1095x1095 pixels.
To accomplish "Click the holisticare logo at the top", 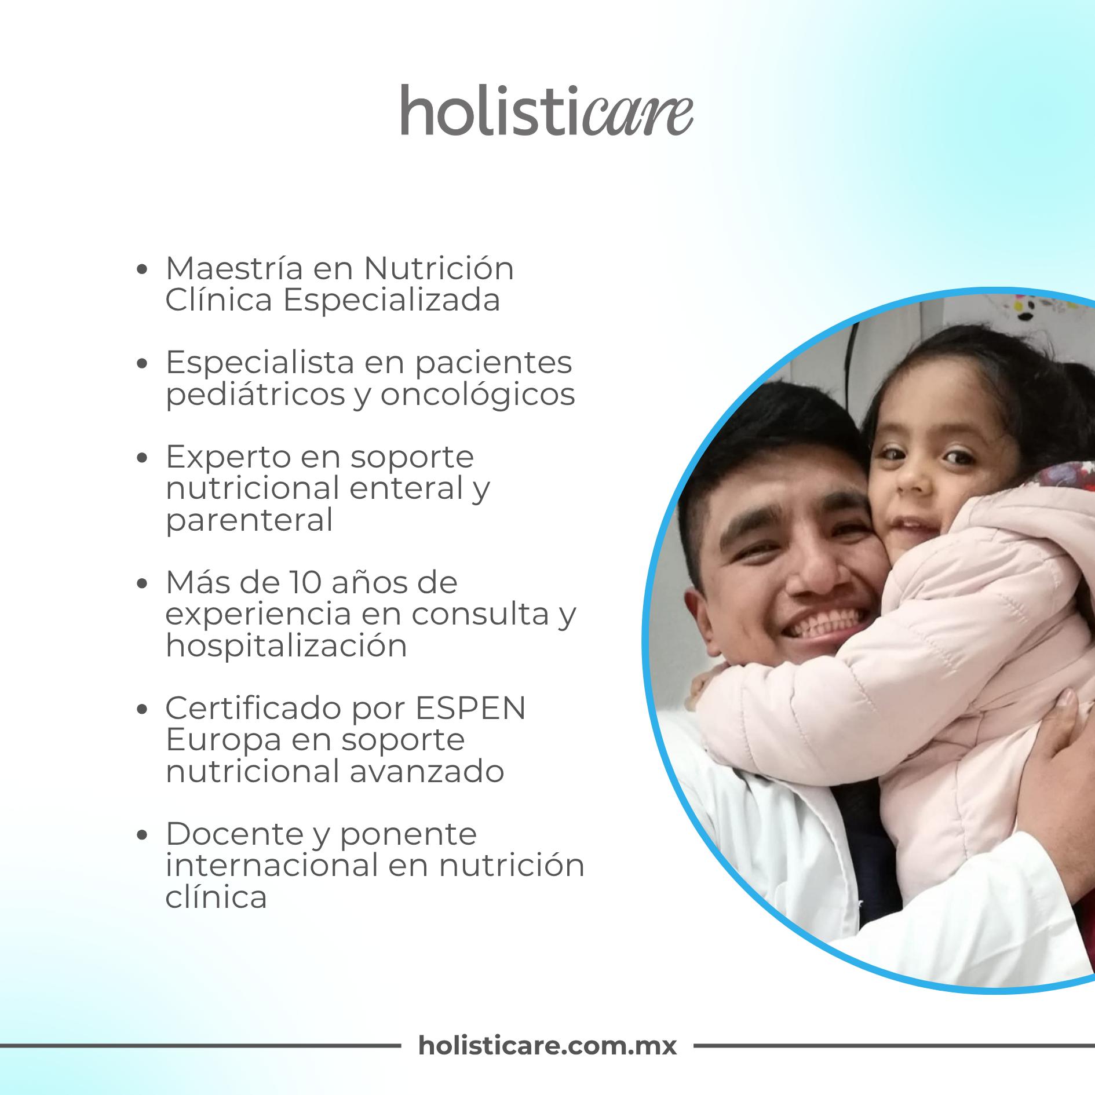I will (x=546, y=110).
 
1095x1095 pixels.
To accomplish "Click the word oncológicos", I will (x=477, y=395).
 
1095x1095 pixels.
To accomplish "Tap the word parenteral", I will (x=249, y=520).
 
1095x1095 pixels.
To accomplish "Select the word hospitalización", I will (x=286, y=645).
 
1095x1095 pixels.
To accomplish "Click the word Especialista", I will (x=260, y=363).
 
